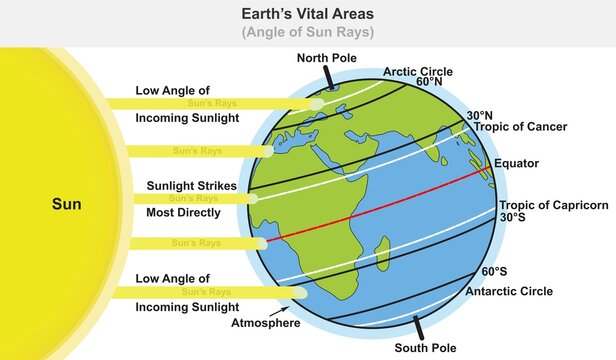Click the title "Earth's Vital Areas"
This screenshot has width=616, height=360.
click(x=308, y=14)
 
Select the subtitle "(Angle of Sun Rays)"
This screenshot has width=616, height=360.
click(x=308, y=32)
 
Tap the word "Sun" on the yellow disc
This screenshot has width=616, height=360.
click(x=67, y=207)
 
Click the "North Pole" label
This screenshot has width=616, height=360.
click(x=326, y=57)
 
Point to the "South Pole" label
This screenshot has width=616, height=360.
click(x=425, y=347)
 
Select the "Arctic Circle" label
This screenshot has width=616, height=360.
click(x=418, y=72)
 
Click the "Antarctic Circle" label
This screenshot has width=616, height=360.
click(x=509, y=292)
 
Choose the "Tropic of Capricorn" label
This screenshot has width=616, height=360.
click(x=552, y=205)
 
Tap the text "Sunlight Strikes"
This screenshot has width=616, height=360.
click(x=191, y=185)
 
